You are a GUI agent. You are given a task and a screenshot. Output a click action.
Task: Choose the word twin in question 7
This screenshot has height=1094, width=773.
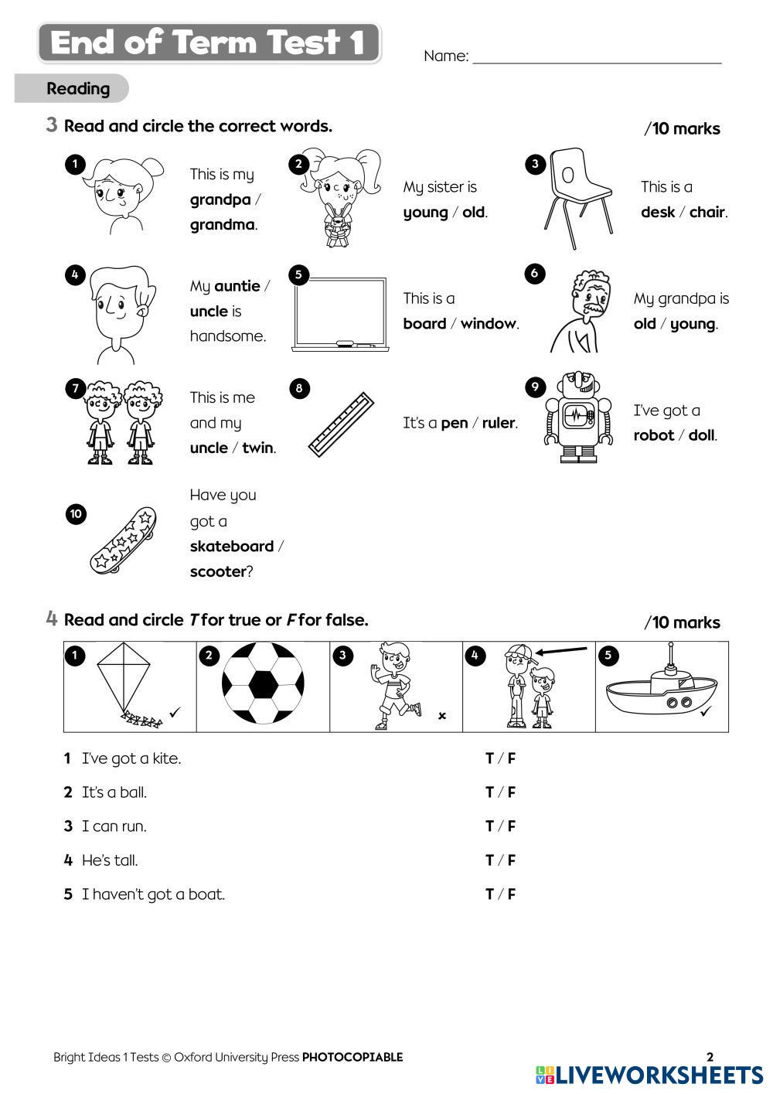(257, 448)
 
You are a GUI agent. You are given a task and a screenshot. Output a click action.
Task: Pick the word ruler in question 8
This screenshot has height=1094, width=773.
(498, 423)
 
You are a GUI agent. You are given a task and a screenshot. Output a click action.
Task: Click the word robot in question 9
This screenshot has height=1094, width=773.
(653, 435)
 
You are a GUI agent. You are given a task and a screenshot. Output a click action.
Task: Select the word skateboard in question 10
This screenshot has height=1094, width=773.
(231, 546)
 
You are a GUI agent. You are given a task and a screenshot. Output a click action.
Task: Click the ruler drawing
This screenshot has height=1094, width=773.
(341, 424)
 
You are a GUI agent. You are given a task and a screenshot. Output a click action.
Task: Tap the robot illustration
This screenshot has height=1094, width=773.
(578, 417)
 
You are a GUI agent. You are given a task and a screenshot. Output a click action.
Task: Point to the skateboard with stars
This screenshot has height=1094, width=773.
(123, 540)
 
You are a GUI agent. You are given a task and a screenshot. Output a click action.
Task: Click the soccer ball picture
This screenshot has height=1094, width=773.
(263, 683)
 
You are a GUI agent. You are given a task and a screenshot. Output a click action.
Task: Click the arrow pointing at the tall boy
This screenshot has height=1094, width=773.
(561, 650)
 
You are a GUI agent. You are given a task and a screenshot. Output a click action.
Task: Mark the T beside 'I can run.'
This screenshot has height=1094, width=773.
(489, 826)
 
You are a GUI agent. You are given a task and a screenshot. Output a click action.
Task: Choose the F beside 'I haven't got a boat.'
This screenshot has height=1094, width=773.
(511, 895)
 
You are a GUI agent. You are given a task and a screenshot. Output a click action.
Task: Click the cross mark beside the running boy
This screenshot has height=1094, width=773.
(442, 716)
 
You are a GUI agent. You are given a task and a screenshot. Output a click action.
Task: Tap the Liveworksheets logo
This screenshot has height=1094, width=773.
(649, 1075)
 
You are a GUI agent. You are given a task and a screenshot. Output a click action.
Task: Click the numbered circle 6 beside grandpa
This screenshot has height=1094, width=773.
(535, 273)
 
